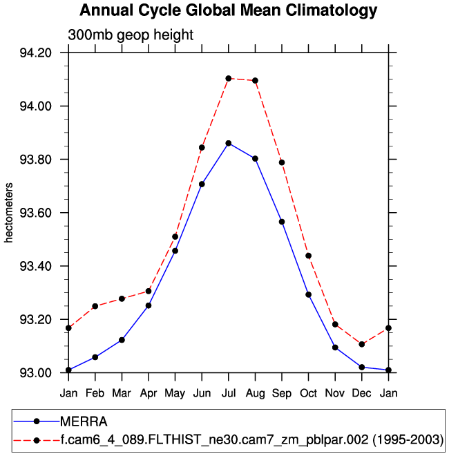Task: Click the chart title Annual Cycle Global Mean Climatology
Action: (x=229, y=11)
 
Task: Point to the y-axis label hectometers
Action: (x=9, y=213)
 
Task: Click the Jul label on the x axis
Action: (x=228, y=393)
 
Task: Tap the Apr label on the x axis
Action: (x=149, y=393)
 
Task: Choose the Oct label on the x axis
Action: (x=308, y=393)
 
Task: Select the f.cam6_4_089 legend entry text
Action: (x=251, y=439)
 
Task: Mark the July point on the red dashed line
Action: (x=229, y=78)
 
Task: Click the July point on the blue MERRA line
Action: (x=229, y=143)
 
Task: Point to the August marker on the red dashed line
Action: (x=255, y=80)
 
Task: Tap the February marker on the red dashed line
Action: (x=95, y=306)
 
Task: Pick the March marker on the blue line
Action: (x=122, y=340)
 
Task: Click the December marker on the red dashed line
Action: (x=362, y=344)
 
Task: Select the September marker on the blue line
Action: (x=282, y=222)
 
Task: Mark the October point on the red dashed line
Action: (x=308, y=256)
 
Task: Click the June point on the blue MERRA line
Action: (x=202, y=184)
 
